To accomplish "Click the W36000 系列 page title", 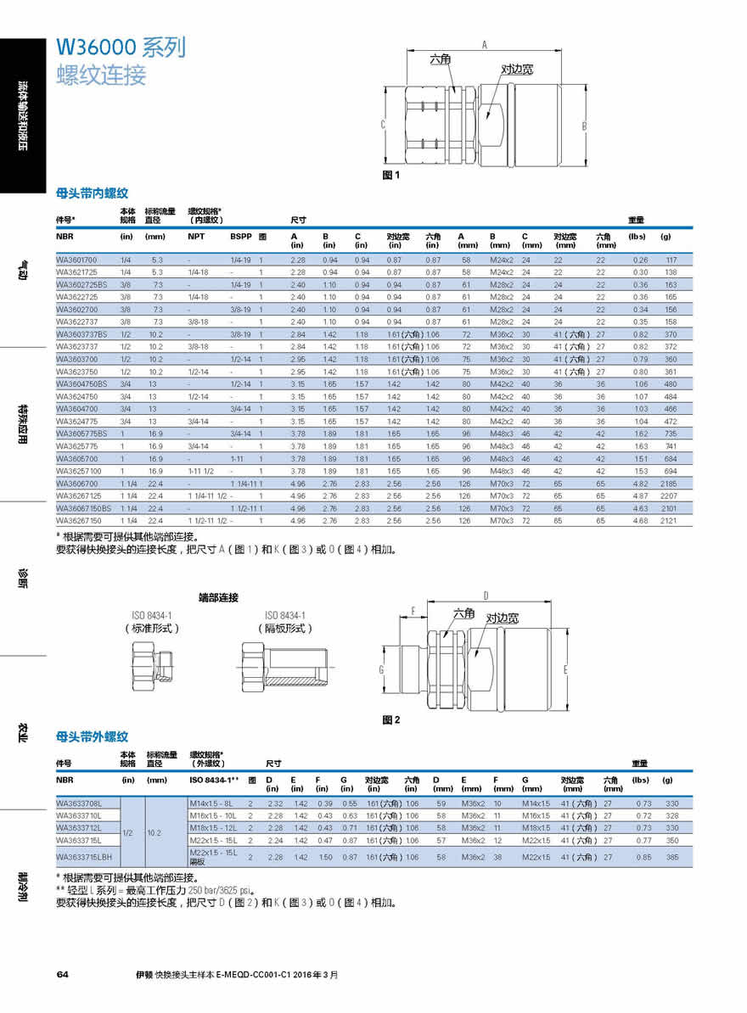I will (120, 48).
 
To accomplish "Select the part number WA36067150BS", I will (83, 508).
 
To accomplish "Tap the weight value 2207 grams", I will (669, 495).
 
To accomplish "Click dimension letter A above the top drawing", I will (485, 45).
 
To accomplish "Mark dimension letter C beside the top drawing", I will (383, 125).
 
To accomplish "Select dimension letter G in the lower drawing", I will (383, 670).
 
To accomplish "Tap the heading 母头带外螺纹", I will (92, 737).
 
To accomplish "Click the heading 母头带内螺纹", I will (92, 193).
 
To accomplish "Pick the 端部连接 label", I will (218, 598).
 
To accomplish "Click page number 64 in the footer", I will (62, 974).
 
